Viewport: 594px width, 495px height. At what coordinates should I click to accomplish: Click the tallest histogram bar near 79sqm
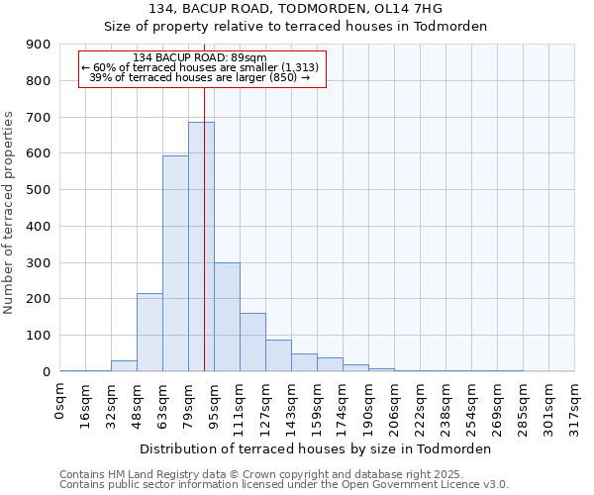click(x=201, y=247)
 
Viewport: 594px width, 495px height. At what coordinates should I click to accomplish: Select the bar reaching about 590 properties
click(x=175, y=263)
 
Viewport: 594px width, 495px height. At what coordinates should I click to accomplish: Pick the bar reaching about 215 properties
click(x=149, y=332)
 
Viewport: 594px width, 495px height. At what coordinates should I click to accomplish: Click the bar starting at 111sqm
click(x=252, y=343)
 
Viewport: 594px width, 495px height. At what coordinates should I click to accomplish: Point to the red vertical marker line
click(x=204, y=198)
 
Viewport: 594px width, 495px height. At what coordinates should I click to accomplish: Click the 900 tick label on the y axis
click(x=40, y=45)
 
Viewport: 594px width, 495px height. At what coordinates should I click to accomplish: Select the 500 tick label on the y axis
click(x=40, y=190)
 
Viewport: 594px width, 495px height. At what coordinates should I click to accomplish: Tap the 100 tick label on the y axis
click(x=40, y=336)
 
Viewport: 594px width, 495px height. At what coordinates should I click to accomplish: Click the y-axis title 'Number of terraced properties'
click(x=9, y=213)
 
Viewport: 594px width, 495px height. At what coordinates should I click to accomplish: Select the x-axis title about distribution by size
click(x=317, y=448)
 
